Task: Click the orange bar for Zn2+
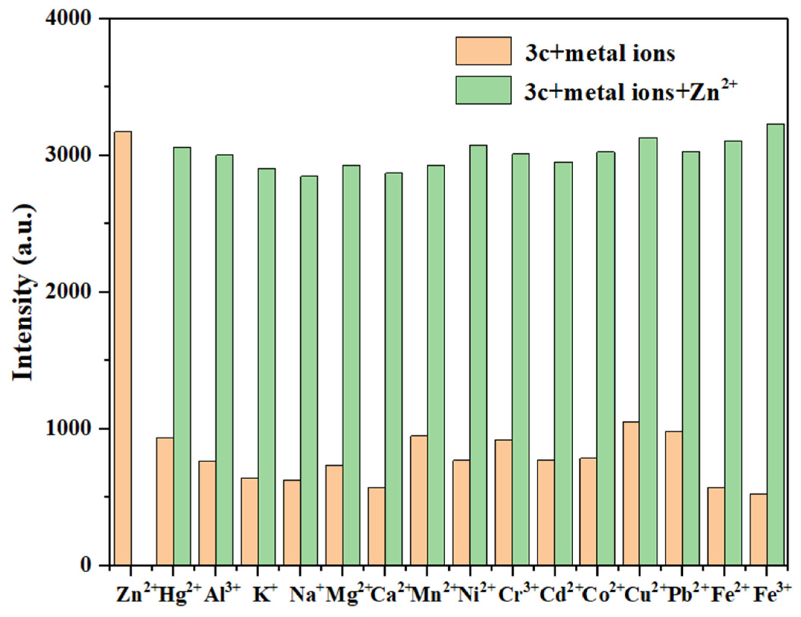tap(123, 348)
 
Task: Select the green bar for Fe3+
tap(775, 344)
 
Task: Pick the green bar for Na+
tap(309, 370)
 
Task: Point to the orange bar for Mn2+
tap(419, 500)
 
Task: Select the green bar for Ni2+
tap(478, 355)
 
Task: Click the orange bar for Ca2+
tap(377, 526)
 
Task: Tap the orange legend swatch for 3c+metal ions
tap(483, 51)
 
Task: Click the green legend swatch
tap(483, 90)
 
